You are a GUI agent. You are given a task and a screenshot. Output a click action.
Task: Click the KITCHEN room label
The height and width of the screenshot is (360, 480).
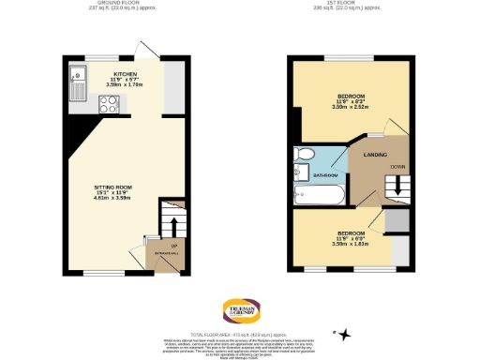tap(127, 73)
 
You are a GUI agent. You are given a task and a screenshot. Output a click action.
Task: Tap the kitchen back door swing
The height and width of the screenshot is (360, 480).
tap(143, 49)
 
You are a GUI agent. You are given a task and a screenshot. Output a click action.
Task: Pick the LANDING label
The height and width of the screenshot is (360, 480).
tap(376, 155)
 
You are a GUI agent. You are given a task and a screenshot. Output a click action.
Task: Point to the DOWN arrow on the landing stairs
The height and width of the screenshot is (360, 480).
tap(398, 185)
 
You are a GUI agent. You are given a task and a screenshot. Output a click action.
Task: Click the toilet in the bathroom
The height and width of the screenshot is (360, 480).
tap(305, 156)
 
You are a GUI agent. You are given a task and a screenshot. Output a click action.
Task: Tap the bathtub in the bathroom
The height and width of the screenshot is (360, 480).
tap(319, 193)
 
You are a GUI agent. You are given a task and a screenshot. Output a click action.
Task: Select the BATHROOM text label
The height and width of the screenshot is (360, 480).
tap(324, 175)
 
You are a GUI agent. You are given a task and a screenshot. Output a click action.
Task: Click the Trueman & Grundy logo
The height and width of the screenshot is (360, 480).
tap(240, 310)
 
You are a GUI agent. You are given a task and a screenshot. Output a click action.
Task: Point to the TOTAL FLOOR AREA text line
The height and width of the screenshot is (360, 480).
tap(240, 334)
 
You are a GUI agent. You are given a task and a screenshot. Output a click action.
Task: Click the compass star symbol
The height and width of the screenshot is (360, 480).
tap(343, 334)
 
